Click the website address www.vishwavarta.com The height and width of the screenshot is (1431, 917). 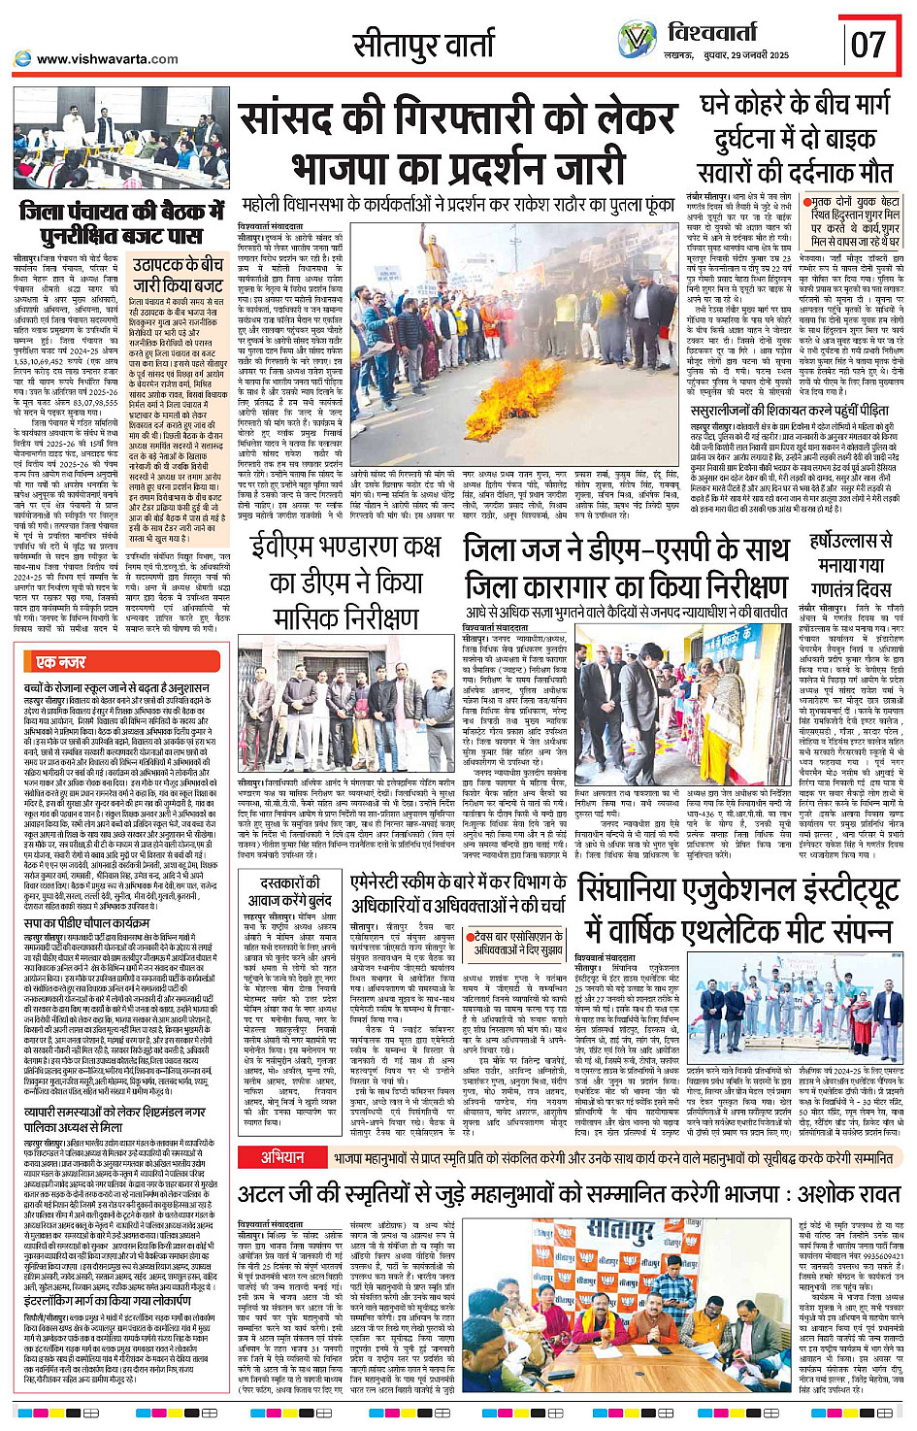coord(108,59)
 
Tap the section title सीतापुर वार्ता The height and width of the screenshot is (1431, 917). coord(423,45)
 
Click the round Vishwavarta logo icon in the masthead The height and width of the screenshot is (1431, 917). coord(637,40)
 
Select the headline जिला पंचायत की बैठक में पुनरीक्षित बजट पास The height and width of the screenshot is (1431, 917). coord(122,222)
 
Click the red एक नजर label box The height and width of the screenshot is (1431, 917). coord(61,661)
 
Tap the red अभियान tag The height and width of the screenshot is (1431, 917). coord(282,1156)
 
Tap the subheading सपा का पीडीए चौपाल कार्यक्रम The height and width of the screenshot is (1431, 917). coord(87,923)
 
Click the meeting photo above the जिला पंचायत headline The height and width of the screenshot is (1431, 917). coord(121,137)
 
